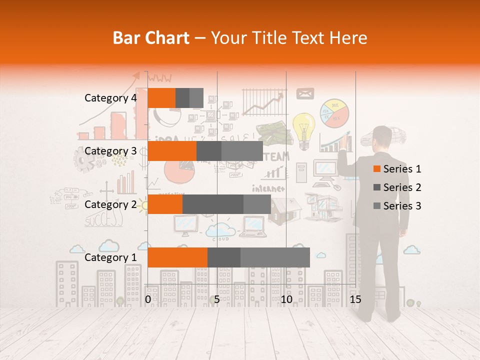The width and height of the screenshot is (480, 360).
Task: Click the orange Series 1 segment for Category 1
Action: coord(177,257)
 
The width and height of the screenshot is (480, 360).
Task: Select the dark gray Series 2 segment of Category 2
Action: coord(212,204)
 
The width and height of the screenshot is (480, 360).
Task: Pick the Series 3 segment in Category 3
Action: coord(242,151)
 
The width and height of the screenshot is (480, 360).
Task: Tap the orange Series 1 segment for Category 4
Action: coord(161,97)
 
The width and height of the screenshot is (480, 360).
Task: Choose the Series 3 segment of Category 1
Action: coord(275,257)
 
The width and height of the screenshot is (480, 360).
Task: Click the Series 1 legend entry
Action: coord(397,169)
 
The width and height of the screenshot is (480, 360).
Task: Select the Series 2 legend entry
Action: coord(397,187)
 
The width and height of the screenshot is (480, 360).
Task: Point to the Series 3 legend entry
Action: coord(397,206)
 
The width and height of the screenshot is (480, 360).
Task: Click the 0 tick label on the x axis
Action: coord(148,299)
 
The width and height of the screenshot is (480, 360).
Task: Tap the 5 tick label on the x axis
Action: coord(217,299)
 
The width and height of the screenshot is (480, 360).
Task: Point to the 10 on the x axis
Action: coord(286,299)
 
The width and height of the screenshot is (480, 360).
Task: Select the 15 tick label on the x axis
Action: coord(355,299)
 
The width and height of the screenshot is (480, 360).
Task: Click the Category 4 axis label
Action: coord(110,98)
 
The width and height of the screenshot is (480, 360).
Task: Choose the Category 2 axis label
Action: coord(110,204)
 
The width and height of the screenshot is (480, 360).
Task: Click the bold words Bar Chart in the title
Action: coord(151,38)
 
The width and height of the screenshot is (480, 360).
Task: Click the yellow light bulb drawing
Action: coord(303,127)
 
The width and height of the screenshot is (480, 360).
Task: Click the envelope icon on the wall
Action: coord(304,93)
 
